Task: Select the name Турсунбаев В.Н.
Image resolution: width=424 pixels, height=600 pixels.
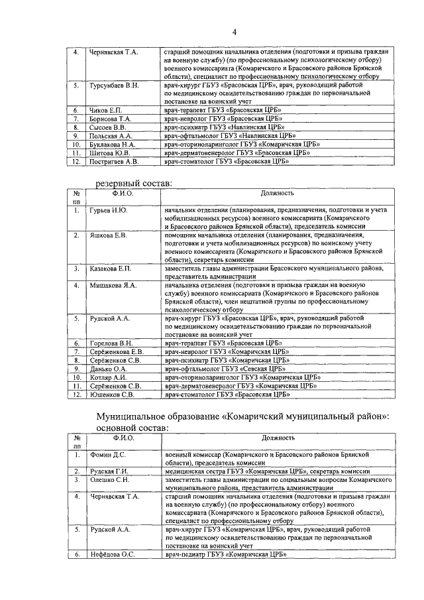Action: tap(114, 86)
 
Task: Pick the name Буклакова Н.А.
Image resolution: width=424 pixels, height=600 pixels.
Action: tap(112, 144)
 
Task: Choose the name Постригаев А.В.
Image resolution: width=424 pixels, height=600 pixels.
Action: tap(113, 161)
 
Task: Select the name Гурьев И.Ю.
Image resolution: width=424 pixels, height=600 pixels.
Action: tap(108, 210)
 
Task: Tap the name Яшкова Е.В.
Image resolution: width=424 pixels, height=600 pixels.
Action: tap(107, 235)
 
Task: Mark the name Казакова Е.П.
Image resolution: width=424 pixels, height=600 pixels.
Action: tap(110, 269)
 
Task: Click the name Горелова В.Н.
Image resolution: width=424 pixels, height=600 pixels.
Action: tap(111, 343)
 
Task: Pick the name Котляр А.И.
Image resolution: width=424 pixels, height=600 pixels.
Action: tap(107, 377)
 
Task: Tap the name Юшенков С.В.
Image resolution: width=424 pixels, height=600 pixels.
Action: tap(111, 394)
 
